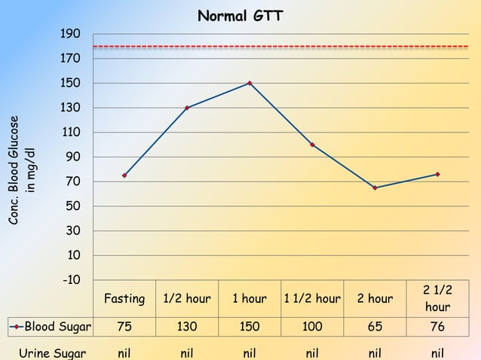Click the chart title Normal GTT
click(240, 16)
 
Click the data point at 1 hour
click(250, 83)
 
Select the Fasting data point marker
click(124, 175)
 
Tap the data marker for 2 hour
click(375, 188)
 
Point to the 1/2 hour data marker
click(187, 108)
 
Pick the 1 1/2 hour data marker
click(312, 145)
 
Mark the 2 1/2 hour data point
click(437, 174)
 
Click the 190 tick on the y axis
click(72, 34)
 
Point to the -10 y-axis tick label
click(72, 280)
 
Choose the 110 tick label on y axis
click(72, 133)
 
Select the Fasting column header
click(124, 299)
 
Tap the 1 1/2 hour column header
click(312, 299)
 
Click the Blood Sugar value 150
click(250, 328)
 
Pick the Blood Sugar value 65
click(375, 328)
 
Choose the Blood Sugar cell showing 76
click(437, 328)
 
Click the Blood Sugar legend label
click(57, 328)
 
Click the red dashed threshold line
click(279, 47)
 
